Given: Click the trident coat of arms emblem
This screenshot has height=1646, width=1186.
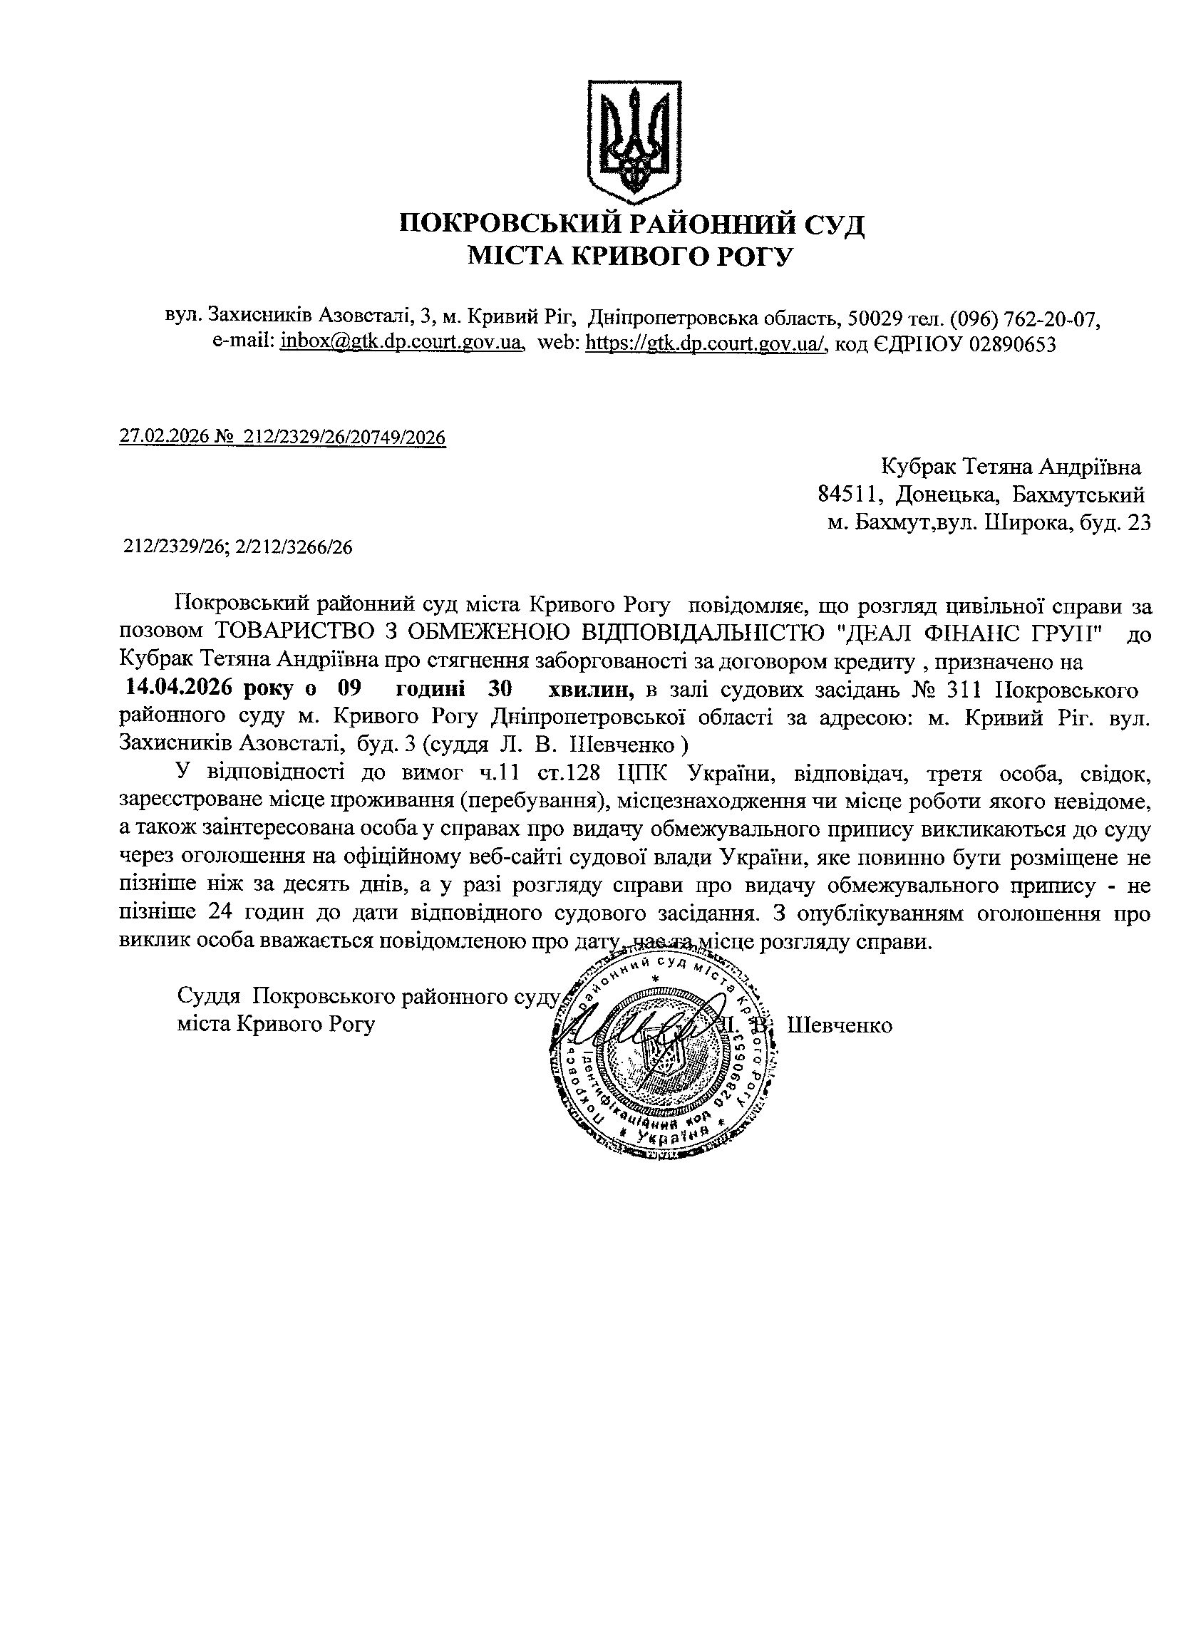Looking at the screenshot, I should (x=634, y=142).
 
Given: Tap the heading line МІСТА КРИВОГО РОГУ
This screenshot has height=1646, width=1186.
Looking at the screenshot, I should (x=631, y=256).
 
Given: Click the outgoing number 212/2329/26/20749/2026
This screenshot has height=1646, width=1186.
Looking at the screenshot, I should (x=345, y=437).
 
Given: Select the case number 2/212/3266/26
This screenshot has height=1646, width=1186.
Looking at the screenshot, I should (x=294, y=547).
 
